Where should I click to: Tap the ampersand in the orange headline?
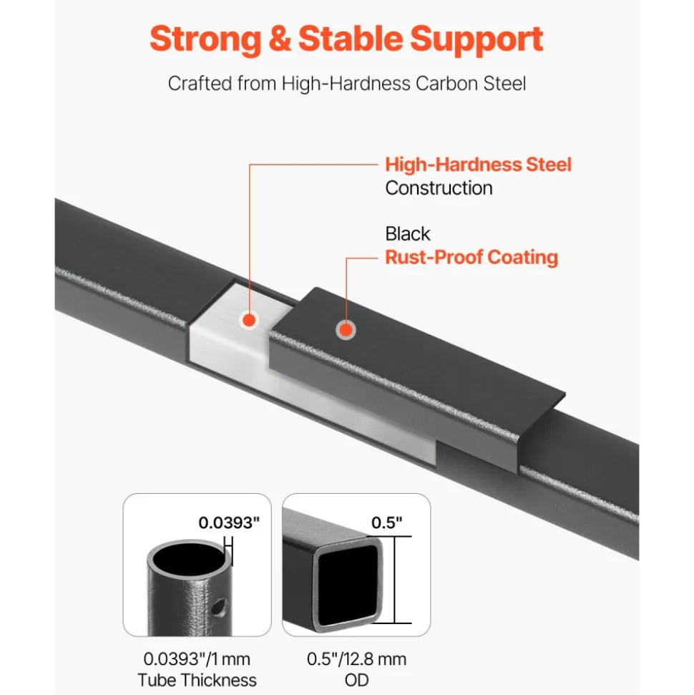(x=280, y=39)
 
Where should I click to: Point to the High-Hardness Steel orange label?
(x=478, y=165)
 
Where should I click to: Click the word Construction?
(x=439, y=188)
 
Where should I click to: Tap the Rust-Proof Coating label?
(x=471, y=257)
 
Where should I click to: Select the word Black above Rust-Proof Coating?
(x=407, y=233)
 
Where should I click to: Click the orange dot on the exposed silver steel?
(x=250, y=320)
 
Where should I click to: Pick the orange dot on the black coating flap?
(x=346, y=330)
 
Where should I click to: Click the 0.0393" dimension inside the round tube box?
(x=229, y=523)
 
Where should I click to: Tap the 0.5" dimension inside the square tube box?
(x=386, y=523)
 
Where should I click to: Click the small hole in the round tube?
(x=218, y=606)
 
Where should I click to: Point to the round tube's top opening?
(x=188, y=558)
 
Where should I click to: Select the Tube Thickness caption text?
(x=197, y=680)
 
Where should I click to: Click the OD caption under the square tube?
(x=356, y=680)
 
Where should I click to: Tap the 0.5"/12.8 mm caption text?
(x=356, y=659)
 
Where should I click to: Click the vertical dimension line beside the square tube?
(x=394, y=580)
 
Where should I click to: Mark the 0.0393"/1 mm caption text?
(x=197, y=659)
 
